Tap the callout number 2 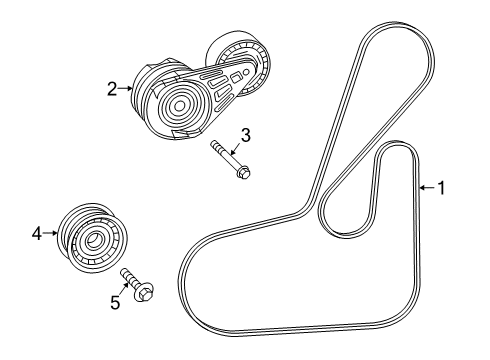[113, 88]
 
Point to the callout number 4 [37, 233]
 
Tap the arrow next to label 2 [127, 88]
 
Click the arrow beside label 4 [50, 233]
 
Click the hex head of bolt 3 [242, 174]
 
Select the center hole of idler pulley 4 [91, 240]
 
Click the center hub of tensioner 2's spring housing [179, 105]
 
